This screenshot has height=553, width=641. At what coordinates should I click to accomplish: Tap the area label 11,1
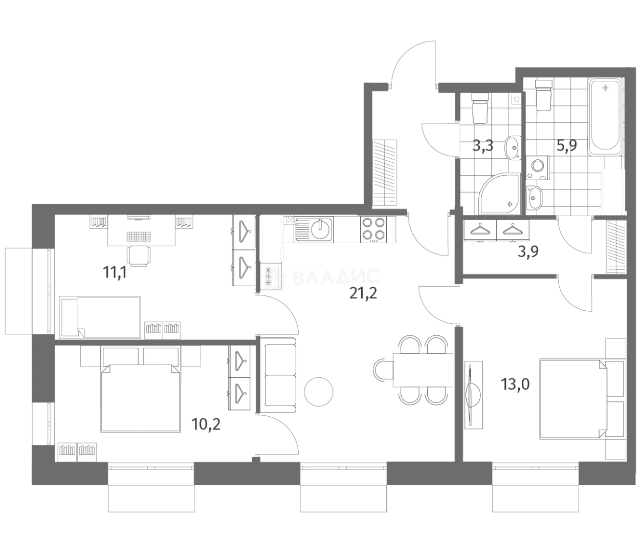pos(115,272)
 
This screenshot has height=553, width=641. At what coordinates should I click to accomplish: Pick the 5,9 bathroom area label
pos(566,146)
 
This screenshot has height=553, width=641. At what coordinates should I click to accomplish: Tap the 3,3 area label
pos(482,146)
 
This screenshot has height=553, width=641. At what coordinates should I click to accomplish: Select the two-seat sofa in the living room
pos(280,374)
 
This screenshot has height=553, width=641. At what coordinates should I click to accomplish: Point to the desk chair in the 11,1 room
pos(138,255)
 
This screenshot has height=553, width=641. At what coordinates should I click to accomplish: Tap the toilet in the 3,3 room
pos(480,108)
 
